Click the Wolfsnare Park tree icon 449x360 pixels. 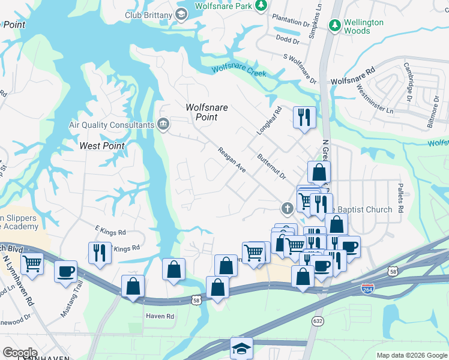click(x=261, y=5)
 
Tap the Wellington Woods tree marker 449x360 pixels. click(x=335, y=26)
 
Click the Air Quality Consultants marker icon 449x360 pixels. click(x=163, y=124)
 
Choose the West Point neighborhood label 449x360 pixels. click(x=102, y=146)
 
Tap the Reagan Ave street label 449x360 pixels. click(x=232, y=160)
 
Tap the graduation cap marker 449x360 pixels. click(x=241, y=347)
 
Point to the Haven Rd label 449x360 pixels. click(x=160, y=316)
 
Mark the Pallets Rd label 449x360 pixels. click(x=400, y=197)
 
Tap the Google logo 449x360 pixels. click(x=20, y=353)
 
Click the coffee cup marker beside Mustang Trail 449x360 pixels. click(x=65, y=271)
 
